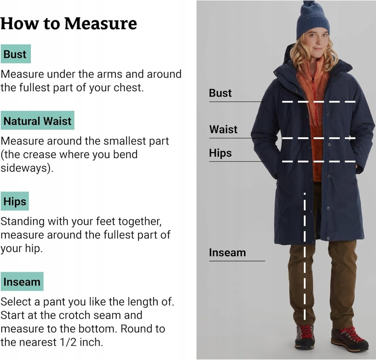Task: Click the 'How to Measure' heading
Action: pyautogui.click(x=69, y=23)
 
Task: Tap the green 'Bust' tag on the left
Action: pyautogui.click(x=16, y=54)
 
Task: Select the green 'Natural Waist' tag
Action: pyautogui.click(x=37, y=120)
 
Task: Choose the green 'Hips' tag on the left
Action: pyautogui.click(x=15, y=201)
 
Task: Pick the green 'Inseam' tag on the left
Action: pyautogui.click(x=22, y=281)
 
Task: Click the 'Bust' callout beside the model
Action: pyautogui.click(x=220, y=93)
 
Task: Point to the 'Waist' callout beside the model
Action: pyautogui.click(x=223, y=129)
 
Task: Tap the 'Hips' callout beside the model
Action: pyautogui.click(x=220, y=153)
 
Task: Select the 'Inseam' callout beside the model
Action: pyautogui.click(x=227, y=252)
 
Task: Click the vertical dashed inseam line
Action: pyautogui.click(x=305, y=256)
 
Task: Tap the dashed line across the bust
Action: pyautogui.click(x=319, y=102)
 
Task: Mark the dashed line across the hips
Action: pyautogui.click(x=319, y=161)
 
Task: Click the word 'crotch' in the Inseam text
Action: pyautogui.click(x=75, y=315)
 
